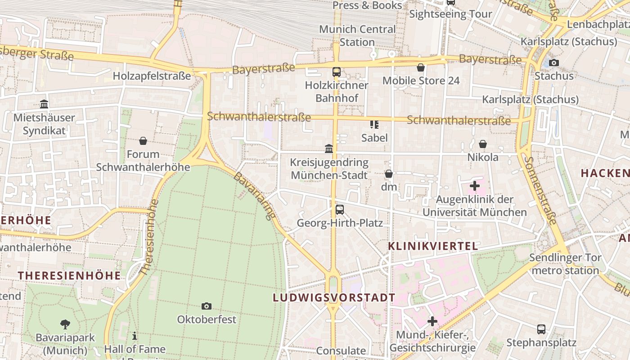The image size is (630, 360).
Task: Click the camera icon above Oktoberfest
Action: pos(207,306)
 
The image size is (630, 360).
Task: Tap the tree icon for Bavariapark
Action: pos(65,324)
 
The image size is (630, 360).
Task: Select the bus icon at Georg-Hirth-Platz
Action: pos(340,210)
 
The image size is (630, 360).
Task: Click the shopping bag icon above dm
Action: pos(389,174)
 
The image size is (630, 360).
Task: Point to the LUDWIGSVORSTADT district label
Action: pos(334,297)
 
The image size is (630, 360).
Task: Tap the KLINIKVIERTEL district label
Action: pos(432,246)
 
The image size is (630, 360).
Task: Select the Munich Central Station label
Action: pos(357,36)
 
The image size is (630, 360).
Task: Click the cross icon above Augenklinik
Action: pos(475,185)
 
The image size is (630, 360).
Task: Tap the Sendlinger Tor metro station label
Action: pos(565,264)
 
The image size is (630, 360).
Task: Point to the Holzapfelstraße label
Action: pos(152,76)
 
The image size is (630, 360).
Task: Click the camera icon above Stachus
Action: pos(554,63)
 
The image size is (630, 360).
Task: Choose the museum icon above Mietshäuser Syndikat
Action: pos(44,104)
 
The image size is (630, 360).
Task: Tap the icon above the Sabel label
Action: pos(374,124)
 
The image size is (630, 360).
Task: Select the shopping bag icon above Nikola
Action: pos(483,144)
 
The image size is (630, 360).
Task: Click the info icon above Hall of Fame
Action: pos(135,336)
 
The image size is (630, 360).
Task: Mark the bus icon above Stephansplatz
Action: pos(541,329)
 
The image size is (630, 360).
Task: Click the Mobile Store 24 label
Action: pos(421,81)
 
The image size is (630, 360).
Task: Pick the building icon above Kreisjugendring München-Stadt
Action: pos(329,148)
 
